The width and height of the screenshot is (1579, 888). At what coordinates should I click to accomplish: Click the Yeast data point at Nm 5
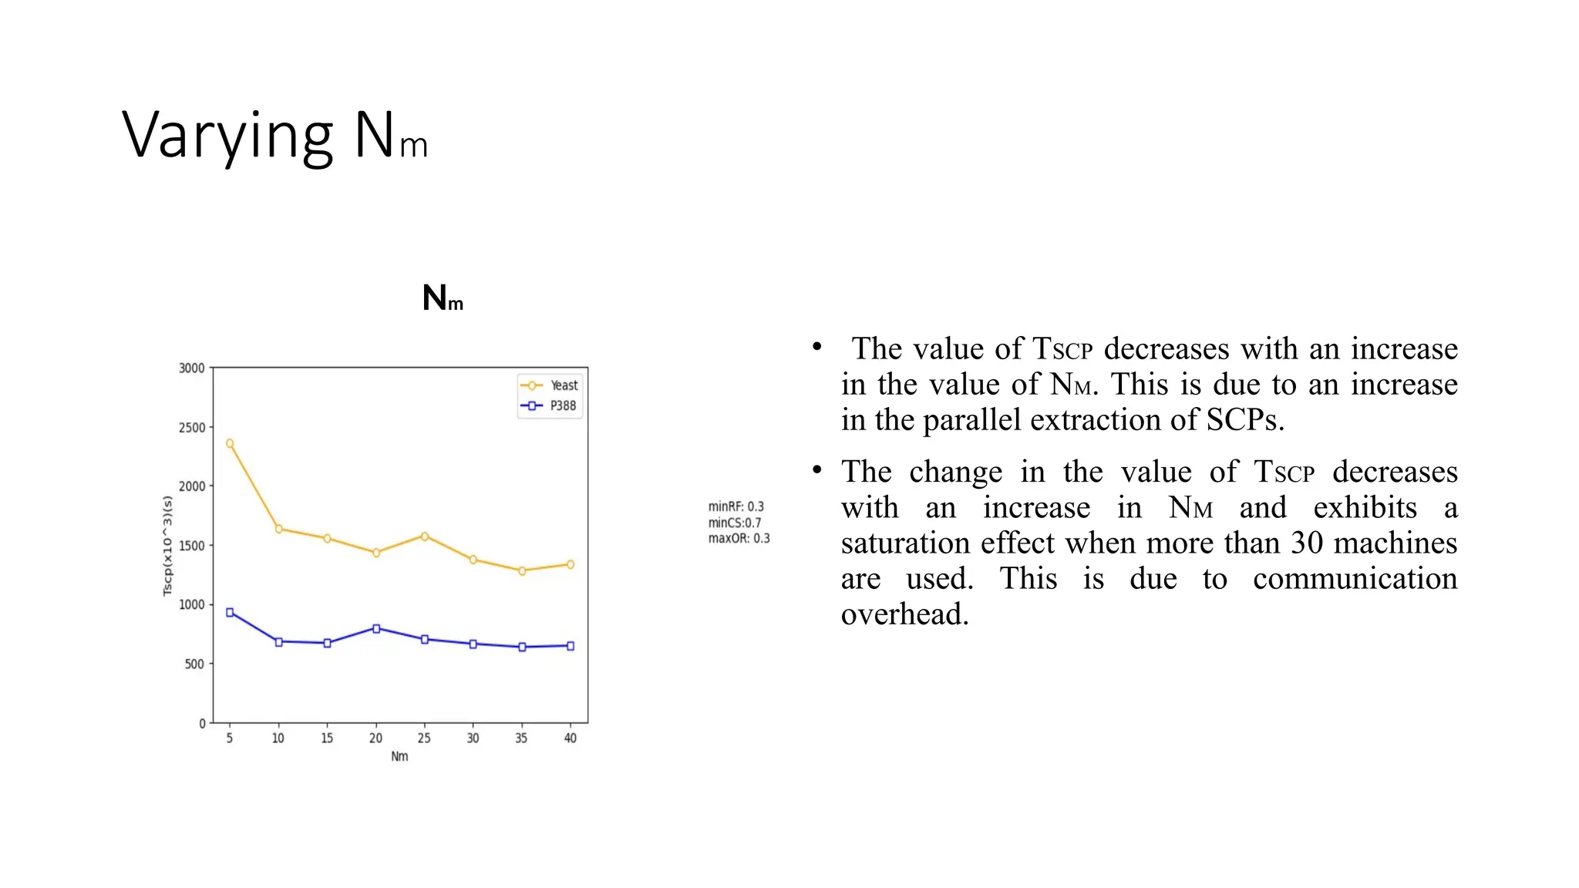[230, 444]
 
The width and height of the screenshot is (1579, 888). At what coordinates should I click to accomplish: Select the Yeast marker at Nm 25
[425, 536]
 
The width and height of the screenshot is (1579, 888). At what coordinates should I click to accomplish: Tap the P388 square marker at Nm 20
[376, 629]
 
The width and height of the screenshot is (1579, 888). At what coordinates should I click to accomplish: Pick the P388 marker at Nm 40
[571, 646]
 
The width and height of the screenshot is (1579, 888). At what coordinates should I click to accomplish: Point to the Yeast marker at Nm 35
[522, 571]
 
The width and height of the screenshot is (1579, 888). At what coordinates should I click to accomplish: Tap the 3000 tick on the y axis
[192, 368]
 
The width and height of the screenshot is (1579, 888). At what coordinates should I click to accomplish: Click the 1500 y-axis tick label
[192, 546]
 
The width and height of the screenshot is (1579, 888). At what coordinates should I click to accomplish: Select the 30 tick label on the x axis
[473, 738]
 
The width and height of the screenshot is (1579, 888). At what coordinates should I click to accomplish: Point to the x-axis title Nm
[399, 757]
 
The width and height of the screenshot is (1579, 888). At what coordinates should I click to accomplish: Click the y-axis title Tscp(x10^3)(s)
[167, 546]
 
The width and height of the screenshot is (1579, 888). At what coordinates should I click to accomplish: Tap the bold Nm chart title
[443, 298]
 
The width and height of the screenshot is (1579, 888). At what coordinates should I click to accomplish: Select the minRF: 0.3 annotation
[736, 506]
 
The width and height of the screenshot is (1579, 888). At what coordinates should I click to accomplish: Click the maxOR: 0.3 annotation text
[739, 538]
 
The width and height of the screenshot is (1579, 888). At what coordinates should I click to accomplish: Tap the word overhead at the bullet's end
[904, 614]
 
